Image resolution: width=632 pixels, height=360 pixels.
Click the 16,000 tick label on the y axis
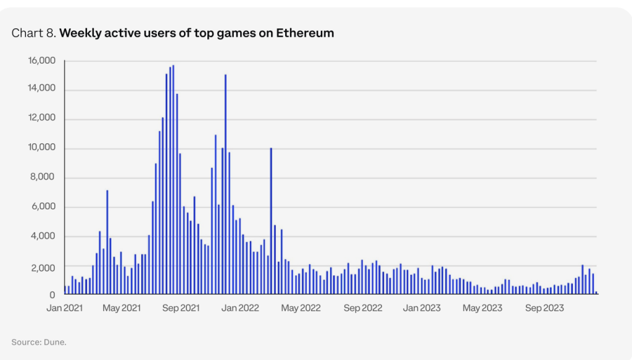click(x=42, y=61)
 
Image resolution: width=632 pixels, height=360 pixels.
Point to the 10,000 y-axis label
click(x=42, y=148)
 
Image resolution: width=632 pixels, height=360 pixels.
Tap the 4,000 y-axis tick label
click(x=44, y=237)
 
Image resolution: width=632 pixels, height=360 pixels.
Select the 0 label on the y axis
click(x=53, y=295)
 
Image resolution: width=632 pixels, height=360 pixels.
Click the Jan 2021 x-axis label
click(x=64, y=308)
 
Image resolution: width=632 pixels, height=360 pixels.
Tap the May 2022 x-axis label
click(x=301, y=308)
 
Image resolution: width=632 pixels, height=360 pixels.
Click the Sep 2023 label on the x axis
click(x=544, y=308)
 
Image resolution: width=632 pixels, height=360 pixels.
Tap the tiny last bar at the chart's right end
click(x=596, y=293)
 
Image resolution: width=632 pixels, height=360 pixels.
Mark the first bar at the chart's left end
click(x=65, y=290)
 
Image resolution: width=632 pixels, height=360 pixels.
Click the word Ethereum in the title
click(x=307, y=33)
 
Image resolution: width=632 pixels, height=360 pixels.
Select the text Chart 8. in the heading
click(x=33, y=33)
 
